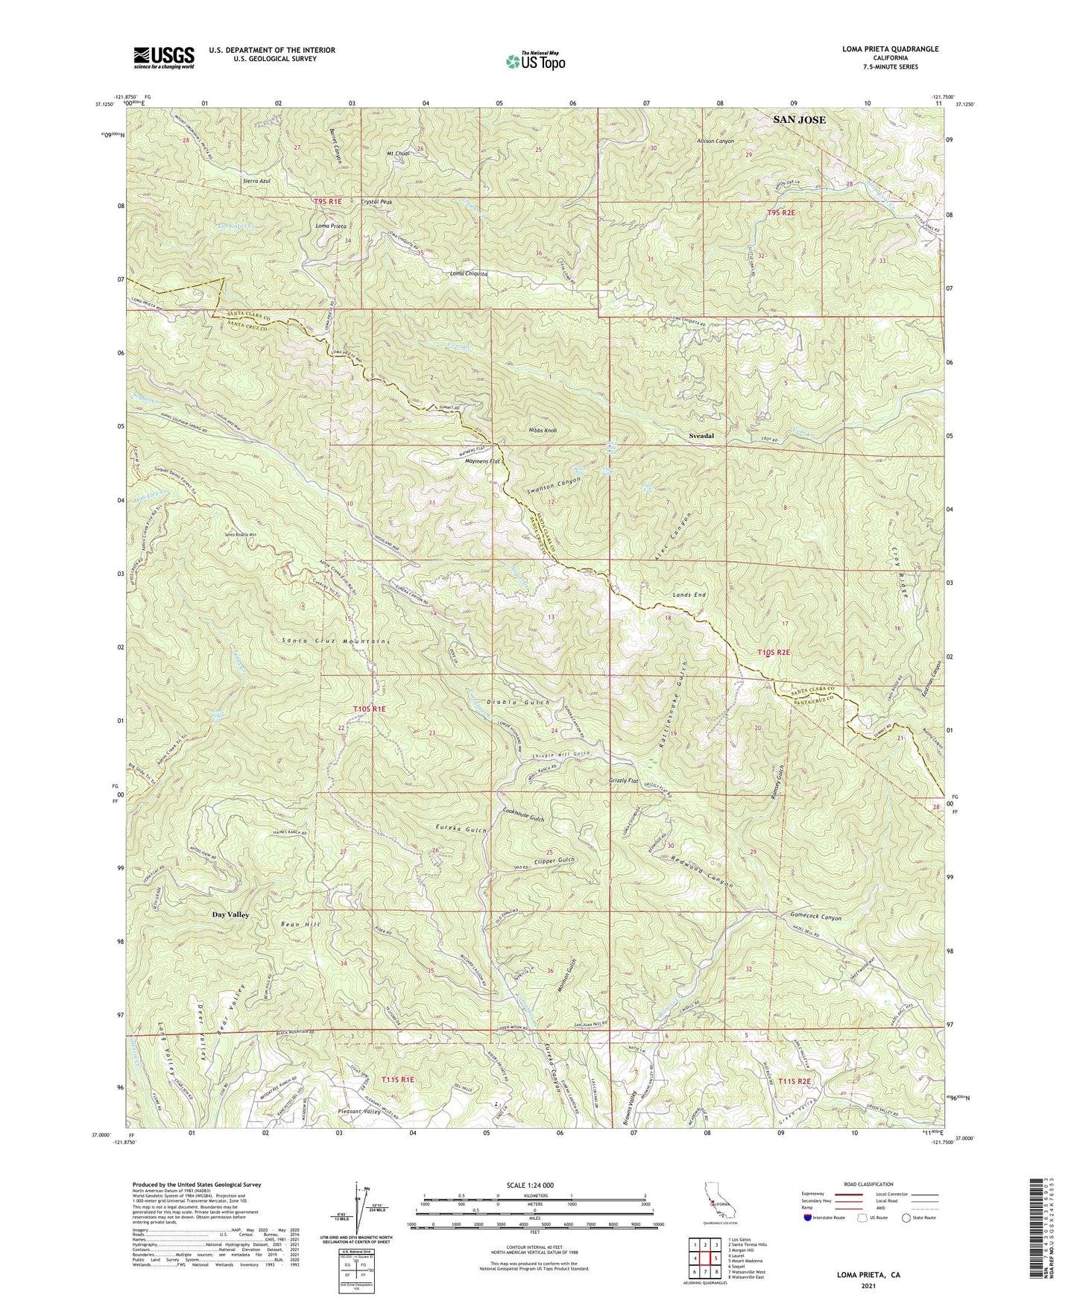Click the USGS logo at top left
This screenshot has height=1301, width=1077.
164,57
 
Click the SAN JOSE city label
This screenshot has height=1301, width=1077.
799,119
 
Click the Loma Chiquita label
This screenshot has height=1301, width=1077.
469,274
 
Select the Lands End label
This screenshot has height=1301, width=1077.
689,595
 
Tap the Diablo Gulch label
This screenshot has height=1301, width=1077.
518,703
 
